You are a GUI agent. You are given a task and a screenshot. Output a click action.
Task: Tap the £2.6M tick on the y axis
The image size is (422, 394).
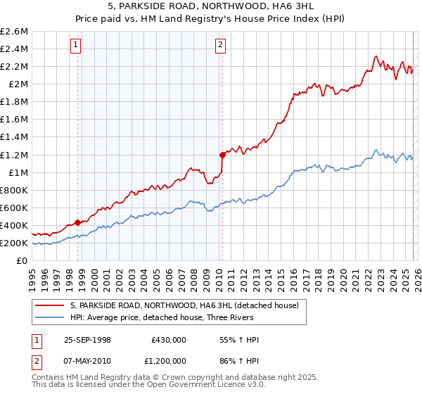(x=15, y=32)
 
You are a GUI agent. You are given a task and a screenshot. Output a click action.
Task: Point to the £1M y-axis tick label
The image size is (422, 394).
(x=18, y=172)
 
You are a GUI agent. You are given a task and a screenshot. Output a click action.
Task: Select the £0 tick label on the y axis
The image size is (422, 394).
(x=23, y=260)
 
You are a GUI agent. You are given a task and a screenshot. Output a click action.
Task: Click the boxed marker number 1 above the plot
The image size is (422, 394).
(x=75, y=46)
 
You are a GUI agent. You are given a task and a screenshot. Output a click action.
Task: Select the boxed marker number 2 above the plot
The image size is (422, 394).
(x=220, y=46)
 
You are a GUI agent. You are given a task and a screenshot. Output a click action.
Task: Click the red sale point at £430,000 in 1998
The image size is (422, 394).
(x=77, y=222)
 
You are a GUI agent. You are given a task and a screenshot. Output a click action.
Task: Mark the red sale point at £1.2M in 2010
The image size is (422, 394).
(x=222, y=154)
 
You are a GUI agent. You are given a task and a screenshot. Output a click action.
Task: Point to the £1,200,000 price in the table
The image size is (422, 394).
(x=165, y=362)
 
